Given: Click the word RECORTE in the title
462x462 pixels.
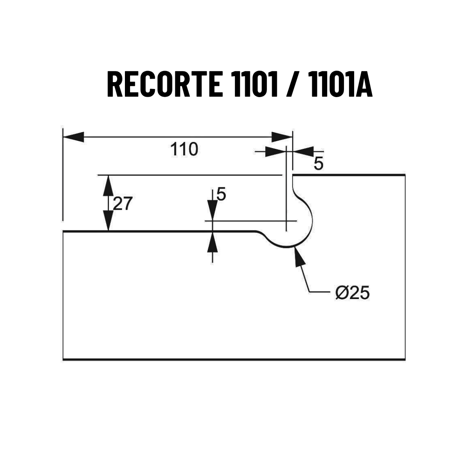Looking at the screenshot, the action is point(165,84).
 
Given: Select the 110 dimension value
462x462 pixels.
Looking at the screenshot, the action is point(184,149).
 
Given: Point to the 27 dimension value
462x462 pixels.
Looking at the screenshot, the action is point(123,203).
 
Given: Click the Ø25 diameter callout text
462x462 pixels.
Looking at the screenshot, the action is point(352,293).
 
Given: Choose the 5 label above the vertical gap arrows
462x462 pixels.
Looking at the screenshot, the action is point(221,194).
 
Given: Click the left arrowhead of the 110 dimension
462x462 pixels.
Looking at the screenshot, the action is point(74,137).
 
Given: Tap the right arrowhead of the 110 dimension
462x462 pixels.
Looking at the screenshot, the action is point(282,137).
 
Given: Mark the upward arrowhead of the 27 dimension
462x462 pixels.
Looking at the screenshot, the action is point(108,186).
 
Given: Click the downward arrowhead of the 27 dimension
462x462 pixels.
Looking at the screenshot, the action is point(108,221).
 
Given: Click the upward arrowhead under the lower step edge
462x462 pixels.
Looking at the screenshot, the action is point(213,242).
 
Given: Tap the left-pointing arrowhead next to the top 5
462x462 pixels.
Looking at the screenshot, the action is point(303,151).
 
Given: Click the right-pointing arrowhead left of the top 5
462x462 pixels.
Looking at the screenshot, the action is point(276,151).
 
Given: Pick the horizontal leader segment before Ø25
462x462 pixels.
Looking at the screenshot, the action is point(320,292).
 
